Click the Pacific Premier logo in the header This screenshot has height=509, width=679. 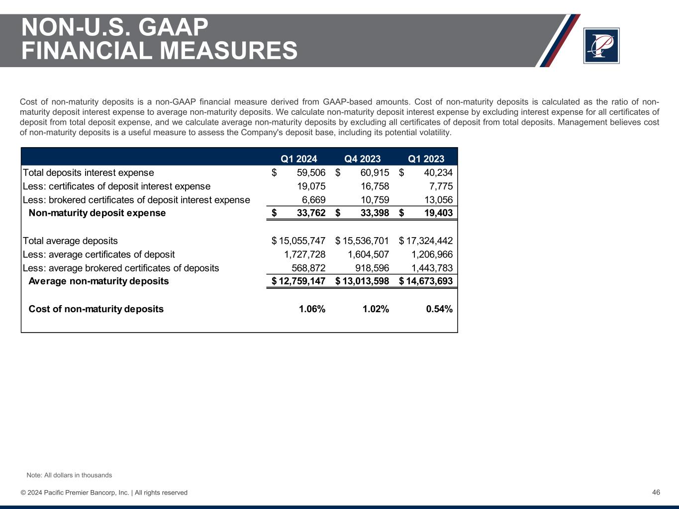(x=601, y=46)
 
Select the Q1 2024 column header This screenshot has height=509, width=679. (x=299, y=159)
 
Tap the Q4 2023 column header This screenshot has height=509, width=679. (x=363, y=159)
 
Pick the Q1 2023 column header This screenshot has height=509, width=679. (x=426, y=159)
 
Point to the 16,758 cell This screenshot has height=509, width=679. (x=375, y=186)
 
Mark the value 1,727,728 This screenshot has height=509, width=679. (x=305, y=254)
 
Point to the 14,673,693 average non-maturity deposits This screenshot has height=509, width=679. (x=429, y=281)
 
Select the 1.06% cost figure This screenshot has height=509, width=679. (x=312, y=309)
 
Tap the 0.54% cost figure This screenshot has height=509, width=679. (x=439, y=309)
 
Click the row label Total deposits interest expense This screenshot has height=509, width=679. (x=89, y=172)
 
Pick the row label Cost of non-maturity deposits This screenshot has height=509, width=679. (x=96, y=309)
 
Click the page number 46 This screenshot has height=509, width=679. (x=656, y=492)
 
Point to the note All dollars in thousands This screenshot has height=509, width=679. (x=69, y=475)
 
